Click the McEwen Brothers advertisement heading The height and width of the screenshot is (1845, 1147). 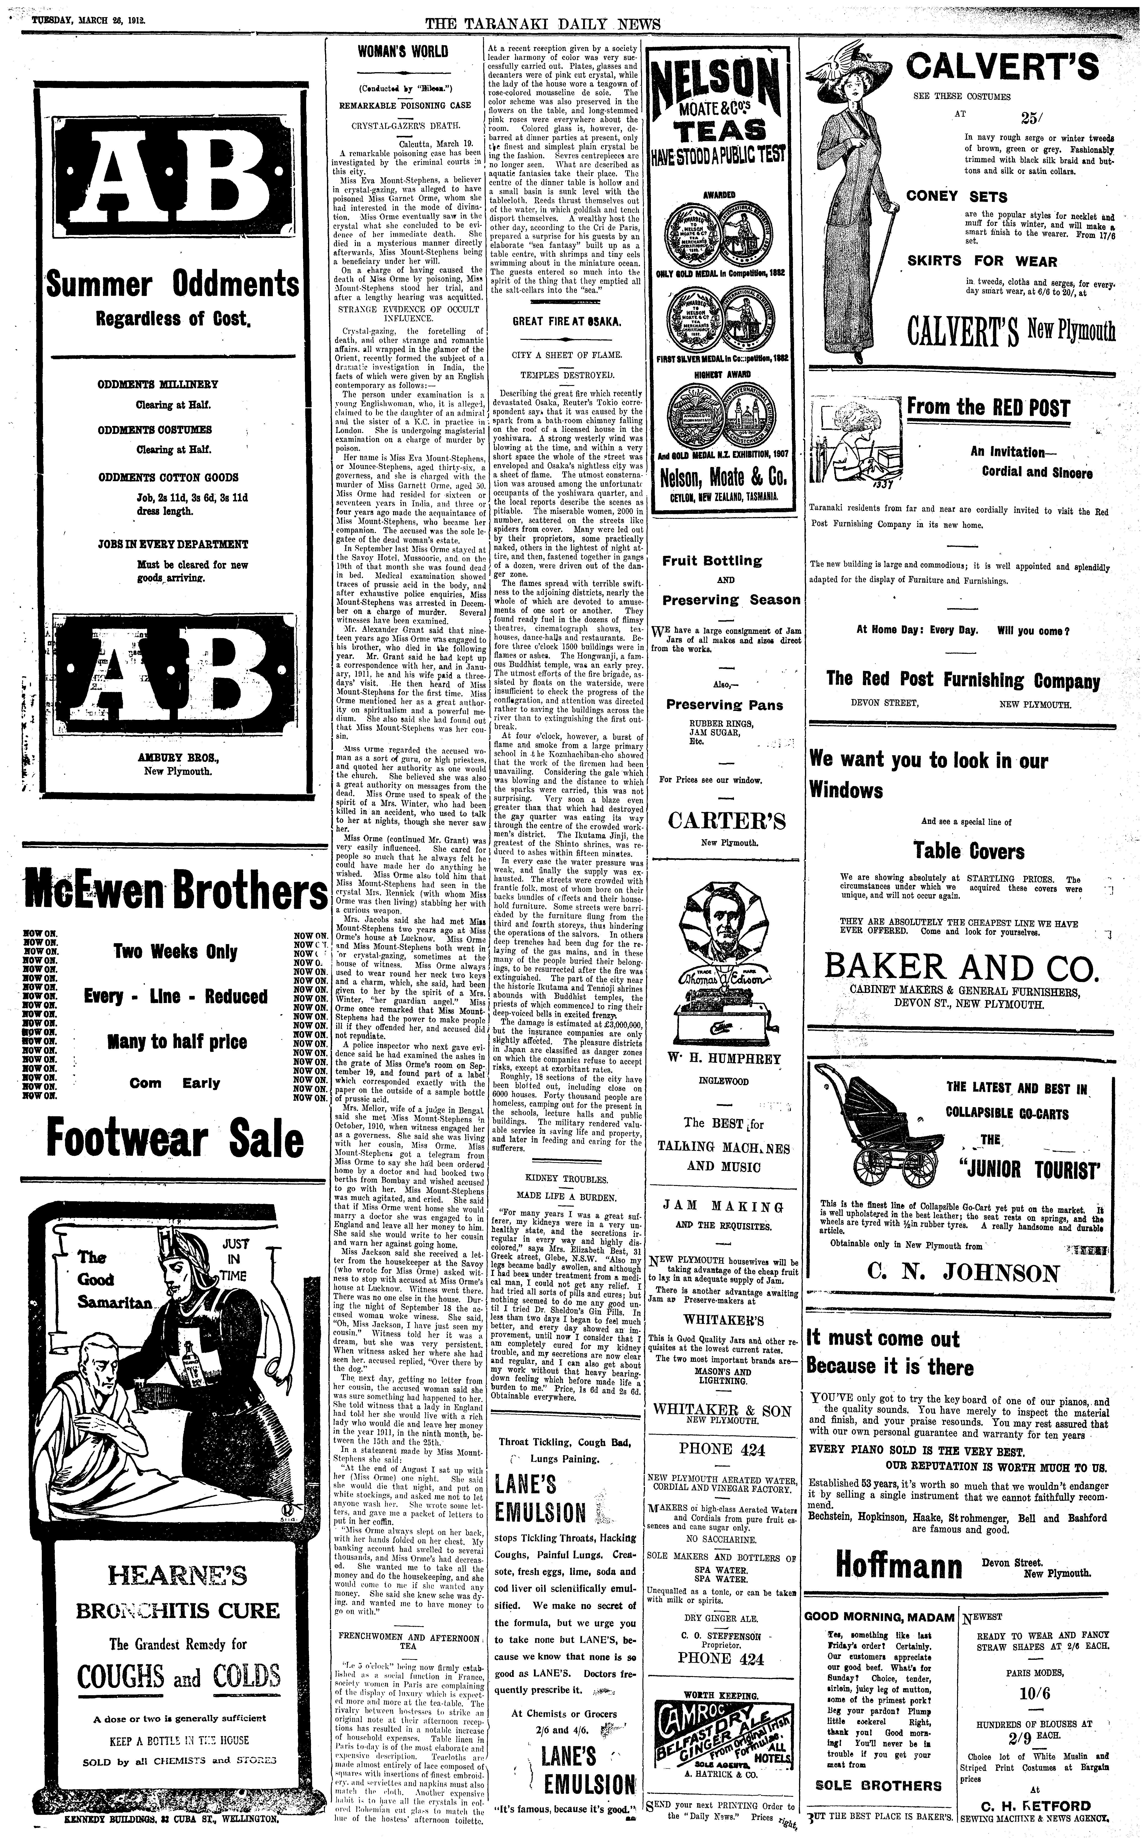coord(175,893)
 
